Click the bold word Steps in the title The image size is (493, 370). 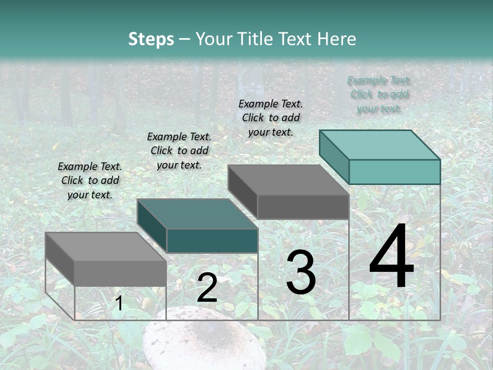click(x=151, y=39)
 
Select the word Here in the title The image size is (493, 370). click(x=337, y=39)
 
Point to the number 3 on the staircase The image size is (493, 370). click(x=300, y=273)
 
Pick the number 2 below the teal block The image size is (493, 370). click(x=207, y=288)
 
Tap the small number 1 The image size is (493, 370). click(x=119, y=304)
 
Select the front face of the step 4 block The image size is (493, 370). click(x=394, y=172)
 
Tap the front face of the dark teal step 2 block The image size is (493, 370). click(x=212, y=240)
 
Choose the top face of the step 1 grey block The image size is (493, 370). click(x=106, y=247)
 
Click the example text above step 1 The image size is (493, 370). click(x=90, y=181)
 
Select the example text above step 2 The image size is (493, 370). click(x=179, y=151)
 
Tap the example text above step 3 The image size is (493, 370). click(x=271, y=118)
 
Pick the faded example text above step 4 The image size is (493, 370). click(x=379, y=95)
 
